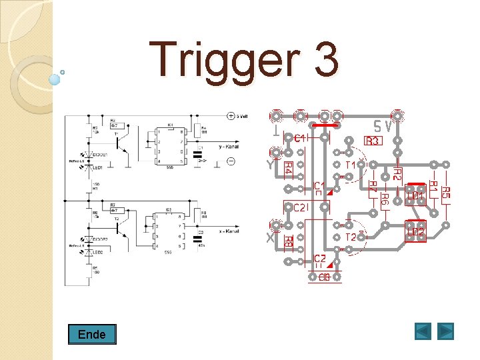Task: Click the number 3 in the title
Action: point(323,59)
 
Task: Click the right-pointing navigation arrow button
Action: point(445,331)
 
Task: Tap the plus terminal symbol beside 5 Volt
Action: point(231,115)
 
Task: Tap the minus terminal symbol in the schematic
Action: point(231,161)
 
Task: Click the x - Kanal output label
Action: point(229,230)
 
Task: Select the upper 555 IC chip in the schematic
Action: point(171,147)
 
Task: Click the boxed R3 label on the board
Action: point(372,141)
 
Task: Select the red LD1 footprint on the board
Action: point(416,195)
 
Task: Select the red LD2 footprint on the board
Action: point(416,231)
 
